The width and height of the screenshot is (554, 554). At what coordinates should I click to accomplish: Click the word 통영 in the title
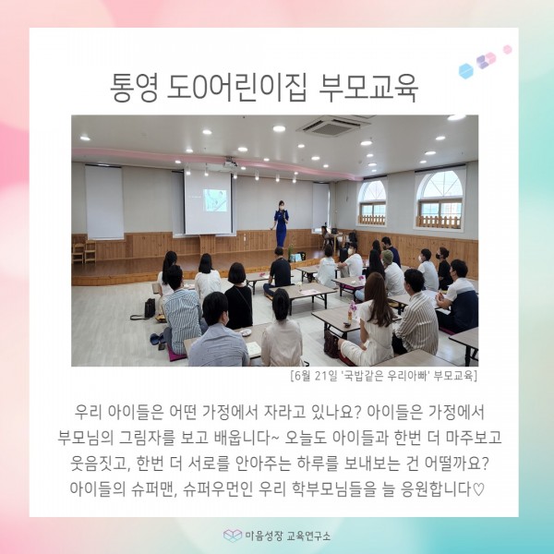point(133,88)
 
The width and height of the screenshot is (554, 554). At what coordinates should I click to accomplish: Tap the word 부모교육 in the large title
point(368,88)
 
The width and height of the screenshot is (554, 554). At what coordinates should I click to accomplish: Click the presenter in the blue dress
point(282,223)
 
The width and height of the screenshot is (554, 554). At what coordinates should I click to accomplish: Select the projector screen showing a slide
point(208,201)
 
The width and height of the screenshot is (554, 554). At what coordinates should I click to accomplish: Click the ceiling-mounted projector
point(231,163)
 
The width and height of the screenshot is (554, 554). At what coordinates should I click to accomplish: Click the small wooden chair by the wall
point(90,251)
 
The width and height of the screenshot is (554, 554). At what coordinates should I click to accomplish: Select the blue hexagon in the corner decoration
point(466,71)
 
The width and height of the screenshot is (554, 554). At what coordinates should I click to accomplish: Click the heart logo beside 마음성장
point(233,536)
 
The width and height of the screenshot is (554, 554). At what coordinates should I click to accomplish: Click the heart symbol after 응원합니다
point(478,489)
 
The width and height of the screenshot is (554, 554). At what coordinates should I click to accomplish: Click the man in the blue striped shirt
point(181,311)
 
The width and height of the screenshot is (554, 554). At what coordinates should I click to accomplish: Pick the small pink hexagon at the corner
point(507,50)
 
